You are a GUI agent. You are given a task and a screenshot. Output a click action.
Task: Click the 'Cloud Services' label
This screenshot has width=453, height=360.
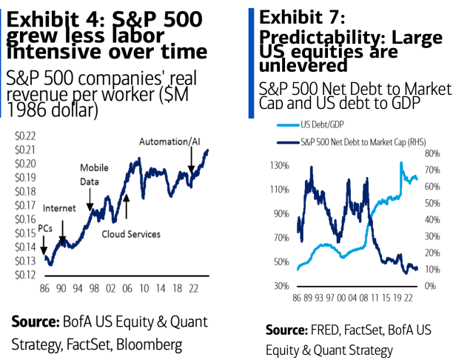(x=131, y=234)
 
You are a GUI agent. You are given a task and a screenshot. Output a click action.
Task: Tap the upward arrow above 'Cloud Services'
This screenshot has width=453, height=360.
(x=126, y=207)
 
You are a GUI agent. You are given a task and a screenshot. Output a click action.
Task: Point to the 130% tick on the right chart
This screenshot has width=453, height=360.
(x=278, y=165)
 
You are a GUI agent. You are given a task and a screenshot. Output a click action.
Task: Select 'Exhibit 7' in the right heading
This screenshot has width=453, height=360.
(x=296, y=17)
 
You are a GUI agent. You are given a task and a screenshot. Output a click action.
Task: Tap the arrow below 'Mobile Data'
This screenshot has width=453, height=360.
(x=90, y=199)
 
